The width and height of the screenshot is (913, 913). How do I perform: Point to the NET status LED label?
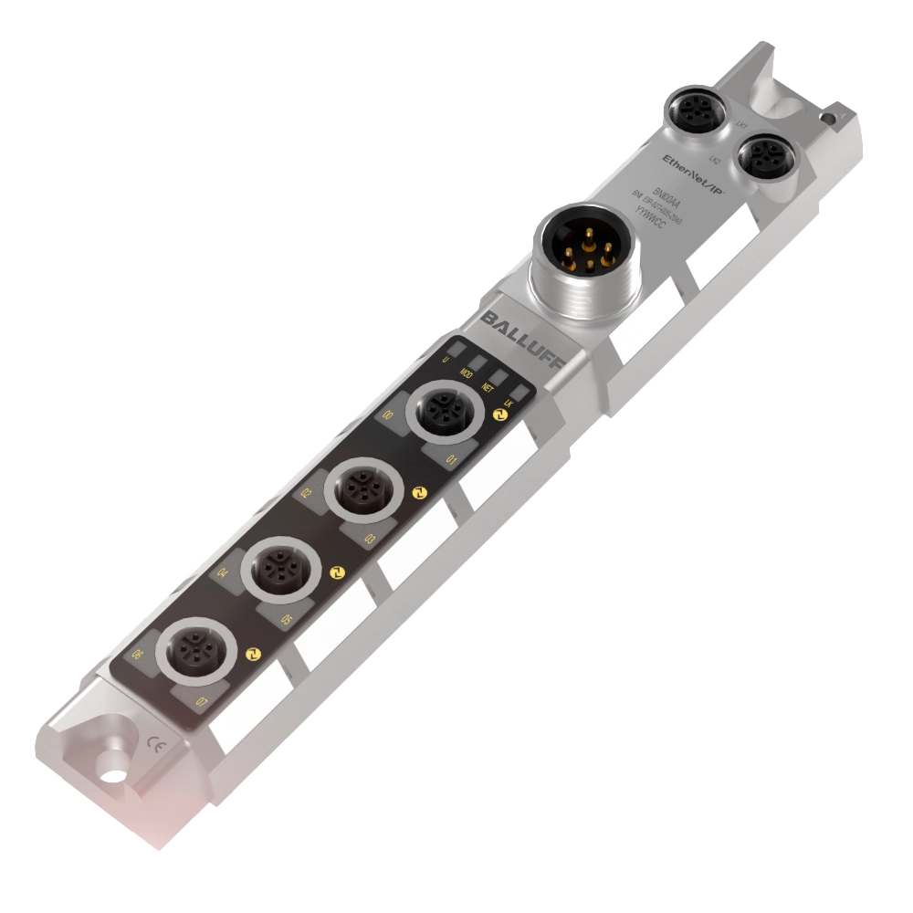point(488,387)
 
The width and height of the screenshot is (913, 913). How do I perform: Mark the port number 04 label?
point(222,574)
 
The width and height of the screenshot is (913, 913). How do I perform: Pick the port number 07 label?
point(203,701)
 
